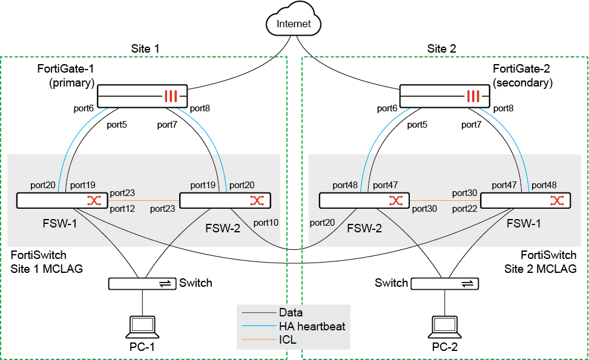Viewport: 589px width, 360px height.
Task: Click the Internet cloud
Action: coord(293,24)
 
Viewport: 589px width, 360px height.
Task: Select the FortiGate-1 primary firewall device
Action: coord(142,96)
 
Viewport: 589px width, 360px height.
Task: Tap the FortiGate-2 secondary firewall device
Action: coord(444,96)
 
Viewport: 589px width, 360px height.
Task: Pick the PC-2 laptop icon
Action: coord(445,327)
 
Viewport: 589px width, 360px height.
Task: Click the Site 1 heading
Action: coord(145,48)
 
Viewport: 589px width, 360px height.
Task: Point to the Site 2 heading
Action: coord(441,48)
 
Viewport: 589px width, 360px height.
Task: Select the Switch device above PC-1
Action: coord(142,283)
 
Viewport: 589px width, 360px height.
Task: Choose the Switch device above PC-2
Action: coord(444,283)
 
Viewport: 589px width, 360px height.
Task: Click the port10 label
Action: coord(266,223)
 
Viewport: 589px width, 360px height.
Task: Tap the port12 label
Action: coord(122,209)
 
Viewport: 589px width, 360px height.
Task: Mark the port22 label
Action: coord(466,209)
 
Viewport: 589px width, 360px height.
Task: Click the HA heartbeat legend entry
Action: coord(312,327)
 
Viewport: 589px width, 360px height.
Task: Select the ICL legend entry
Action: coord(288,340)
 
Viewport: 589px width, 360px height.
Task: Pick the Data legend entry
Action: coord(291,313)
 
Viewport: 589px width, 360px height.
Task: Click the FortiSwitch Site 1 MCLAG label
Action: coord(47,261)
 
